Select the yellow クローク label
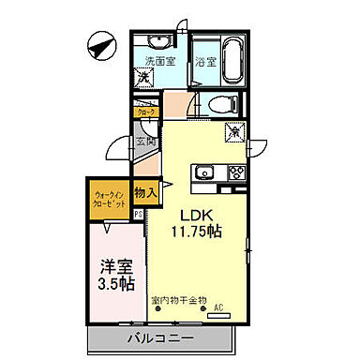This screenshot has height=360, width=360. pos(146,112)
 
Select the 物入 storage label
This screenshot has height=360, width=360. pos(144,192)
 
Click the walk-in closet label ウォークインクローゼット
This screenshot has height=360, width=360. pos(110,200)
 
